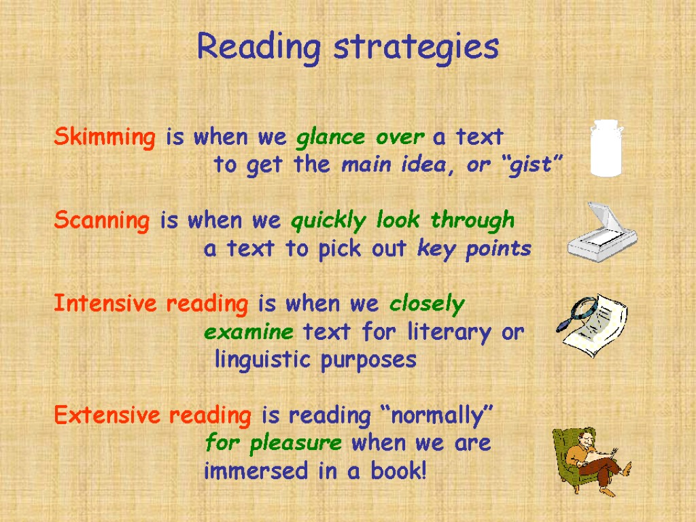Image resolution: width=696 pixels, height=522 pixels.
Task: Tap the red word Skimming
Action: (x=105, y=138)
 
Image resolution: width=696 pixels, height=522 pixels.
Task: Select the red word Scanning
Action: (x=102, y=222)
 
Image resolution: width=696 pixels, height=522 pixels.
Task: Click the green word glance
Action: (x=331, y=138)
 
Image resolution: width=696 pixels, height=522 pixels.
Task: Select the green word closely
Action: (x=427, y=304)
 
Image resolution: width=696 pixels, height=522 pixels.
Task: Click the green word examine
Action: (x=249, y=333)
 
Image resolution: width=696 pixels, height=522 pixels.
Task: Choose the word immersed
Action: (x=258, y=471)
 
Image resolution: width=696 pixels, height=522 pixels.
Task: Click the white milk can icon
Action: (x=606, y=147)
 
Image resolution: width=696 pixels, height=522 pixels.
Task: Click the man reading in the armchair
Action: (x=590, y=459)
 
